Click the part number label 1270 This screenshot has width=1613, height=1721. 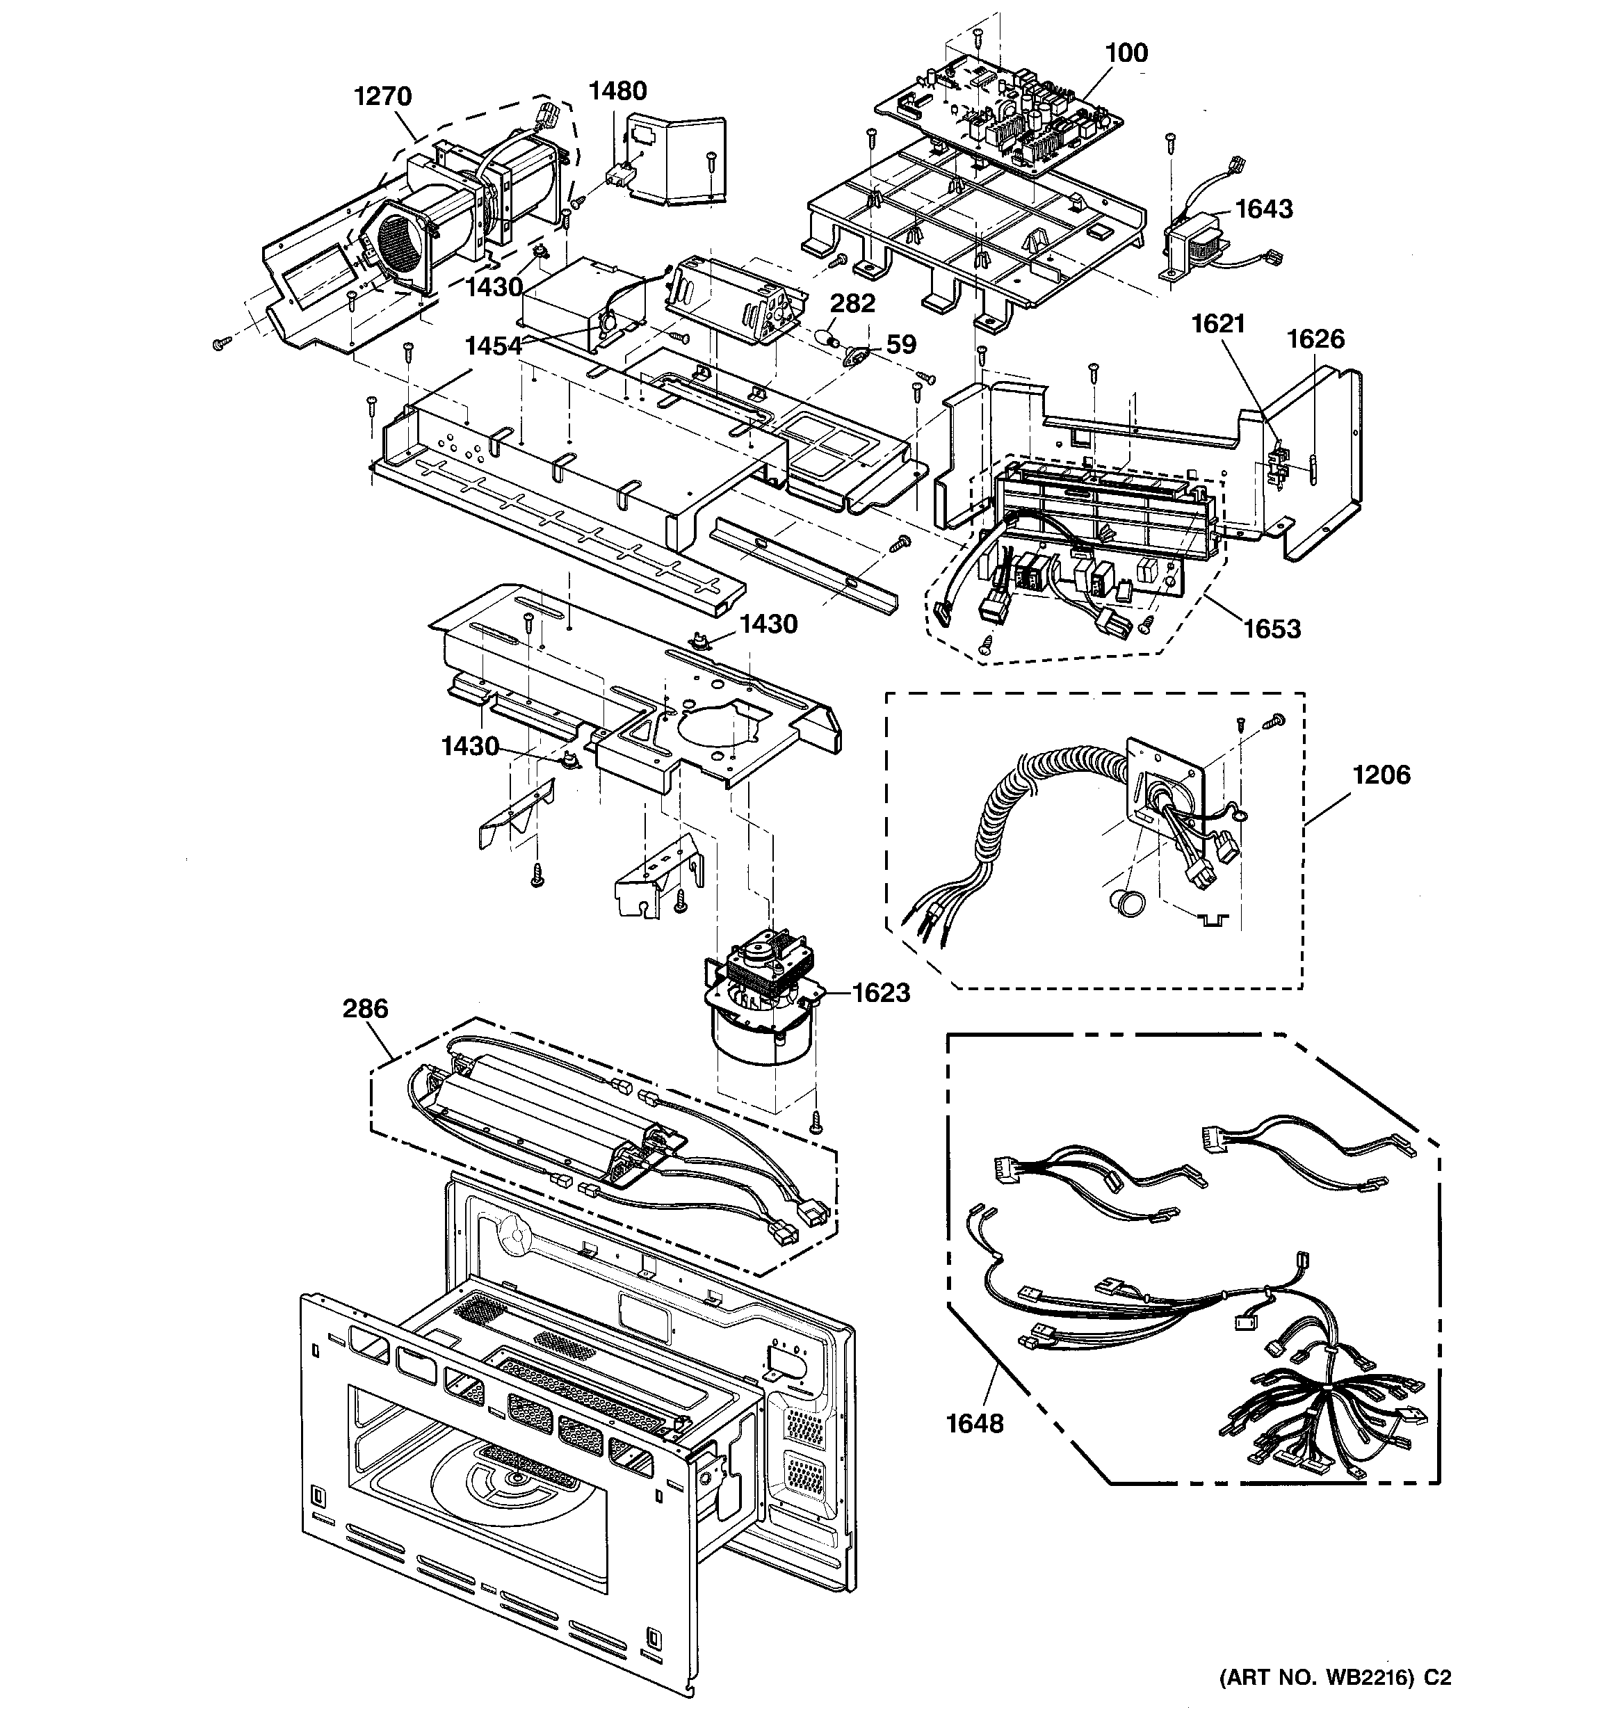click(x=382, y=95)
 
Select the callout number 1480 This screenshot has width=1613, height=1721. click(x=617, y=90)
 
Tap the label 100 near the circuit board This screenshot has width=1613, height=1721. click(x=1126, y=53)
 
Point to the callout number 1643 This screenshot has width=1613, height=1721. click(x=1263, y=209)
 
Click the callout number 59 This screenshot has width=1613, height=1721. click(x=900, y=344)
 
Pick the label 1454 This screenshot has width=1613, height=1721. click(x=493, y=346)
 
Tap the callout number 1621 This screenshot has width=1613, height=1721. click(x=1217, y=324)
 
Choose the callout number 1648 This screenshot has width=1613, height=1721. click(x=974, y=1423)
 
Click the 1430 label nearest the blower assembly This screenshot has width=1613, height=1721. click(x=494, y=286)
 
